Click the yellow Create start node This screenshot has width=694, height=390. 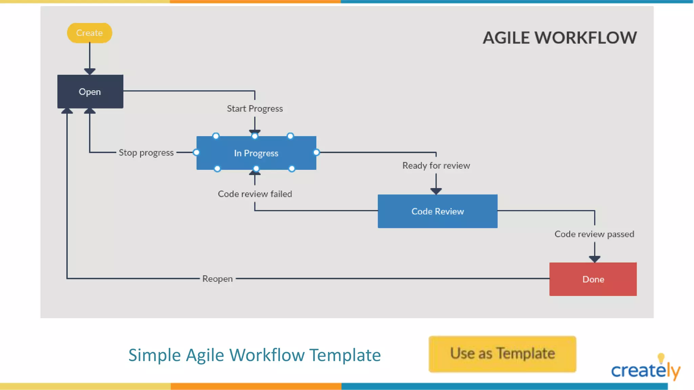[89, 33]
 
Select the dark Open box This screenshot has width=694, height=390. [90, 92]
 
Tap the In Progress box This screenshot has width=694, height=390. [256, 153]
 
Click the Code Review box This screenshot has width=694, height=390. [437, 211]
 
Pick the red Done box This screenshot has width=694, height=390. [593, 279]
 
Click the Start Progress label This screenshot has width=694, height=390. [255, 109]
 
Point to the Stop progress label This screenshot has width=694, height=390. [146, 153]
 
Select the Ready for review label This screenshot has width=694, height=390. [436, 166]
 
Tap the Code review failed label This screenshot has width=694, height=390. [255, 194]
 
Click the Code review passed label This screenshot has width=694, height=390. [594, 234]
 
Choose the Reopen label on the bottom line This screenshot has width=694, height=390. [218, 279]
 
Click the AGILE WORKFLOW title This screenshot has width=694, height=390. [559, 38]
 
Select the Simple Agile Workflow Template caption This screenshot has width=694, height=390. [254, 355]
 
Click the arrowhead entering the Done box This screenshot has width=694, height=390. [594, 259]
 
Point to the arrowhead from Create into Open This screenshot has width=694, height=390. [90, 71]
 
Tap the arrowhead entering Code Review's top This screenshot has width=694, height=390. [436, 191]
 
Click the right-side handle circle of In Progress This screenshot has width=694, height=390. [316, 152]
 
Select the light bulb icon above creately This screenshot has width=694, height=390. [661, 358]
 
